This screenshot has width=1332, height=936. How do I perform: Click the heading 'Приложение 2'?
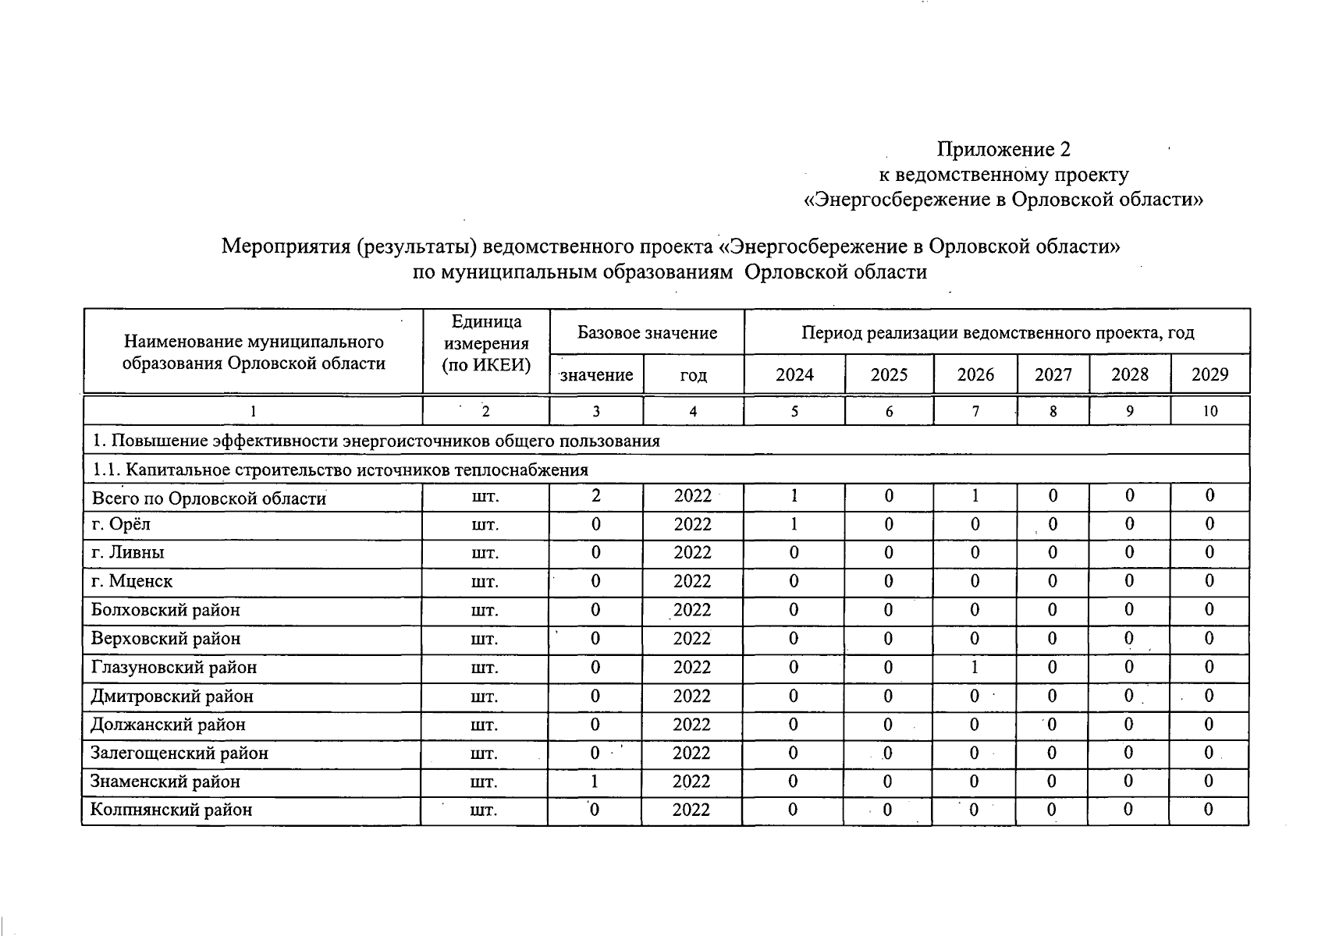(1003, 148)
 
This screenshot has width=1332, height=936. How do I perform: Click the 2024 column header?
(794, 374)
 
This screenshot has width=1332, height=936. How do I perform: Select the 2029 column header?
(1209, 374)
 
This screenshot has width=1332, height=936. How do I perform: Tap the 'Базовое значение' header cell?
(647, 333)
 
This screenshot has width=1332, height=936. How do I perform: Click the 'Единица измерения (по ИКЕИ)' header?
(485, 343)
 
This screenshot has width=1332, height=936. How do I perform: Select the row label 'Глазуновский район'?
(173, 668)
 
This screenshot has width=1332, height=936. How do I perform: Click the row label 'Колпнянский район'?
(172, 810)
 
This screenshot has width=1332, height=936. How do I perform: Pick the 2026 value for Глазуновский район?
(975, 668)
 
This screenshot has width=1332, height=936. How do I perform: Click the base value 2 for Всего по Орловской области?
(596, 496)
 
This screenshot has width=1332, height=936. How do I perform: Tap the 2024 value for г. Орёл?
(794, 524)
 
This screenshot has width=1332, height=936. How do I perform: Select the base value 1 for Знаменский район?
(596, 782)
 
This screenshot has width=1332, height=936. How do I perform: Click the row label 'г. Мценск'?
(132, 581)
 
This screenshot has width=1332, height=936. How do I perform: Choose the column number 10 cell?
(1209, 411)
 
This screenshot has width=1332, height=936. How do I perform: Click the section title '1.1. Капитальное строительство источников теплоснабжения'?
(339, 470)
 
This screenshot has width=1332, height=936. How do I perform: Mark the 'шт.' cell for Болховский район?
(485, 611)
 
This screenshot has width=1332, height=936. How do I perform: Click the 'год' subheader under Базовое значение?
(693, 375)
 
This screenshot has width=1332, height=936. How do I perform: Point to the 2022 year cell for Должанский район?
(692, 725)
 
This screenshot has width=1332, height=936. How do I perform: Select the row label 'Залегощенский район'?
(179, 753)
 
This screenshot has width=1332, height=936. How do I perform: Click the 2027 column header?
(1053, 374)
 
